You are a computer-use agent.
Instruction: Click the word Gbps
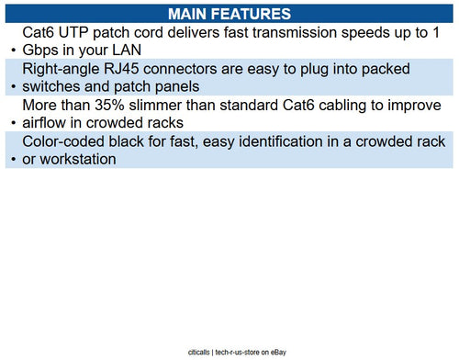(42, 51)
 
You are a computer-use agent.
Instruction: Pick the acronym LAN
(124, 51)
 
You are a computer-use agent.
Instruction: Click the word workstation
(91, 159)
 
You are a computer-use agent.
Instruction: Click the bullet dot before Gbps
(11, 52)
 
